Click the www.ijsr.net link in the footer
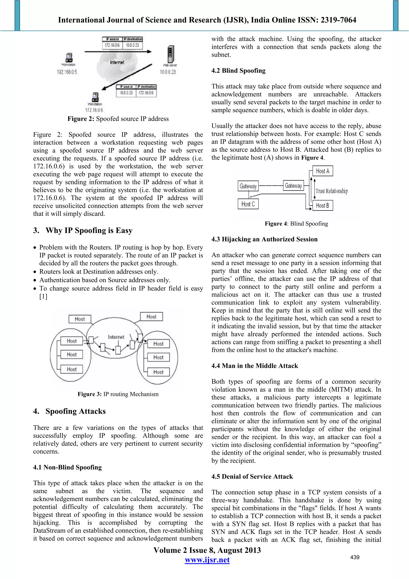click(x=207, y=560)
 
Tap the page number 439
click(x=354, y=557)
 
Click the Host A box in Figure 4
click(x=322, y=171)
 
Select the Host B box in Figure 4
click(x=322, y=205)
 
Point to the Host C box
click(x=248, y=204)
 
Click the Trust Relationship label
click(x=332, y=191)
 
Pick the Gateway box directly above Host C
click(x=248, y=186)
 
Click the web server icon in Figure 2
click(x=171, y=54)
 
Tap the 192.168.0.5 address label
click(x=67, y=72)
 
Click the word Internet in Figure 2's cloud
click(x=117, y=62)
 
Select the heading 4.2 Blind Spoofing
click(x=238, y=71)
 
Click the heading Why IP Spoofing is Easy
click(x=89, y=230)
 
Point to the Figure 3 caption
click(x=118, y=394)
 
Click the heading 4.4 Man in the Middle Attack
click(x=254, y=366)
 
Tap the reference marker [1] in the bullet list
click(x=43, y=297)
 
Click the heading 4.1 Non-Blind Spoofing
click(x=67, y=467)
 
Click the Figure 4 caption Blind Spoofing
click(x=296, y=224)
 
